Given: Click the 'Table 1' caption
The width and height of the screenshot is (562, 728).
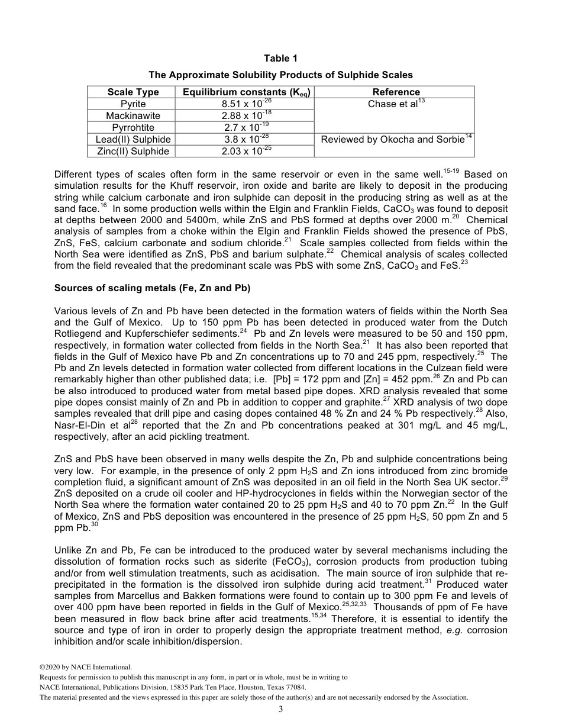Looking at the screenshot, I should [x=280, y=58].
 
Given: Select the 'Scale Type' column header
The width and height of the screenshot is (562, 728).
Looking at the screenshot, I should [x=133, y=92].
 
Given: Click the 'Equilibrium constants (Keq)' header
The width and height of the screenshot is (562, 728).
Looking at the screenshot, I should [x=247, y=92].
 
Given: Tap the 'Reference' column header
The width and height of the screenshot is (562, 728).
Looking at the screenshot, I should [x=396, y=92].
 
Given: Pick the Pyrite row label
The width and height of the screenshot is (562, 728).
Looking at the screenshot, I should [x=133, y=104].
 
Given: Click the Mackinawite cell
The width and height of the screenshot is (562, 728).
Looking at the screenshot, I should [x=133, y=116].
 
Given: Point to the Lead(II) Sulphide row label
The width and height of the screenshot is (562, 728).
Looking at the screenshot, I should [x=133, y=140].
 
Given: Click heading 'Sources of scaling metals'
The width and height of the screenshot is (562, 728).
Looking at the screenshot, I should [x=153, y=288].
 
